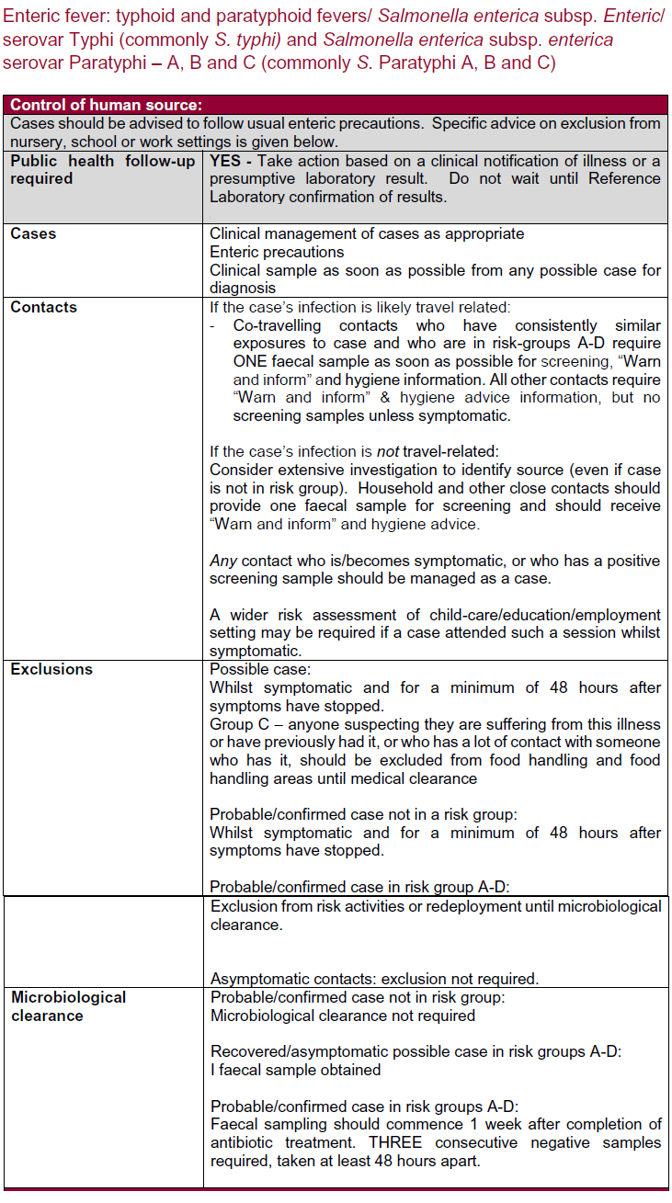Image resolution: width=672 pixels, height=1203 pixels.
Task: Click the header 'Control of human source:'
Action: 106,105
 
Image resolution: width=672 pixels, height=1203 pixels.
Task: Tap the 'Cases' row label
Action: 33,233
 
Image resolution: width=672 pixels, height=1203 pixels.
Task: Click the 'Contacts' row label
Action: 43,307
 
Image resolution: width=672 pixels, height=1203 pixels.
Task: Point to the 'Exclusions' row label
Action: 51,669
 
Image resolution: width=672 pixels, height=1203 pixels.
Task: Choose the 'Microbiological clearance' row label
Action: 68,1006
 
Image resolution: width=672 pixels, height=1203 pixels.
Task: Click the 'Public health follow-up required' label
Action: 101,169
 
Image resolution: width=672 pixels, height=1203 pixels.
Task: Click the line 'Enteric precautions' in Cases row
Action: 277,252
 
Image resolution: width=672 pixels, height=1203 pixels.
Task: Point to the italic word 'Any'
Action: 222,561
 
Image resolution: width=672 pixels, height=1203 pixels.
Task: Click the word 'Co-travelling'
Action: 278,325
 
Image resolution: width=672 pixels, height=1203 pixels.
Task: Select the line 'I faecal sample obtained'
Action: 295,1070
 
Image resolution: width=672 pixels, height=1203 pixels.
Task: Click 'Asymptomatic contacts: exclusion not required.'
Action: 374,978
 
